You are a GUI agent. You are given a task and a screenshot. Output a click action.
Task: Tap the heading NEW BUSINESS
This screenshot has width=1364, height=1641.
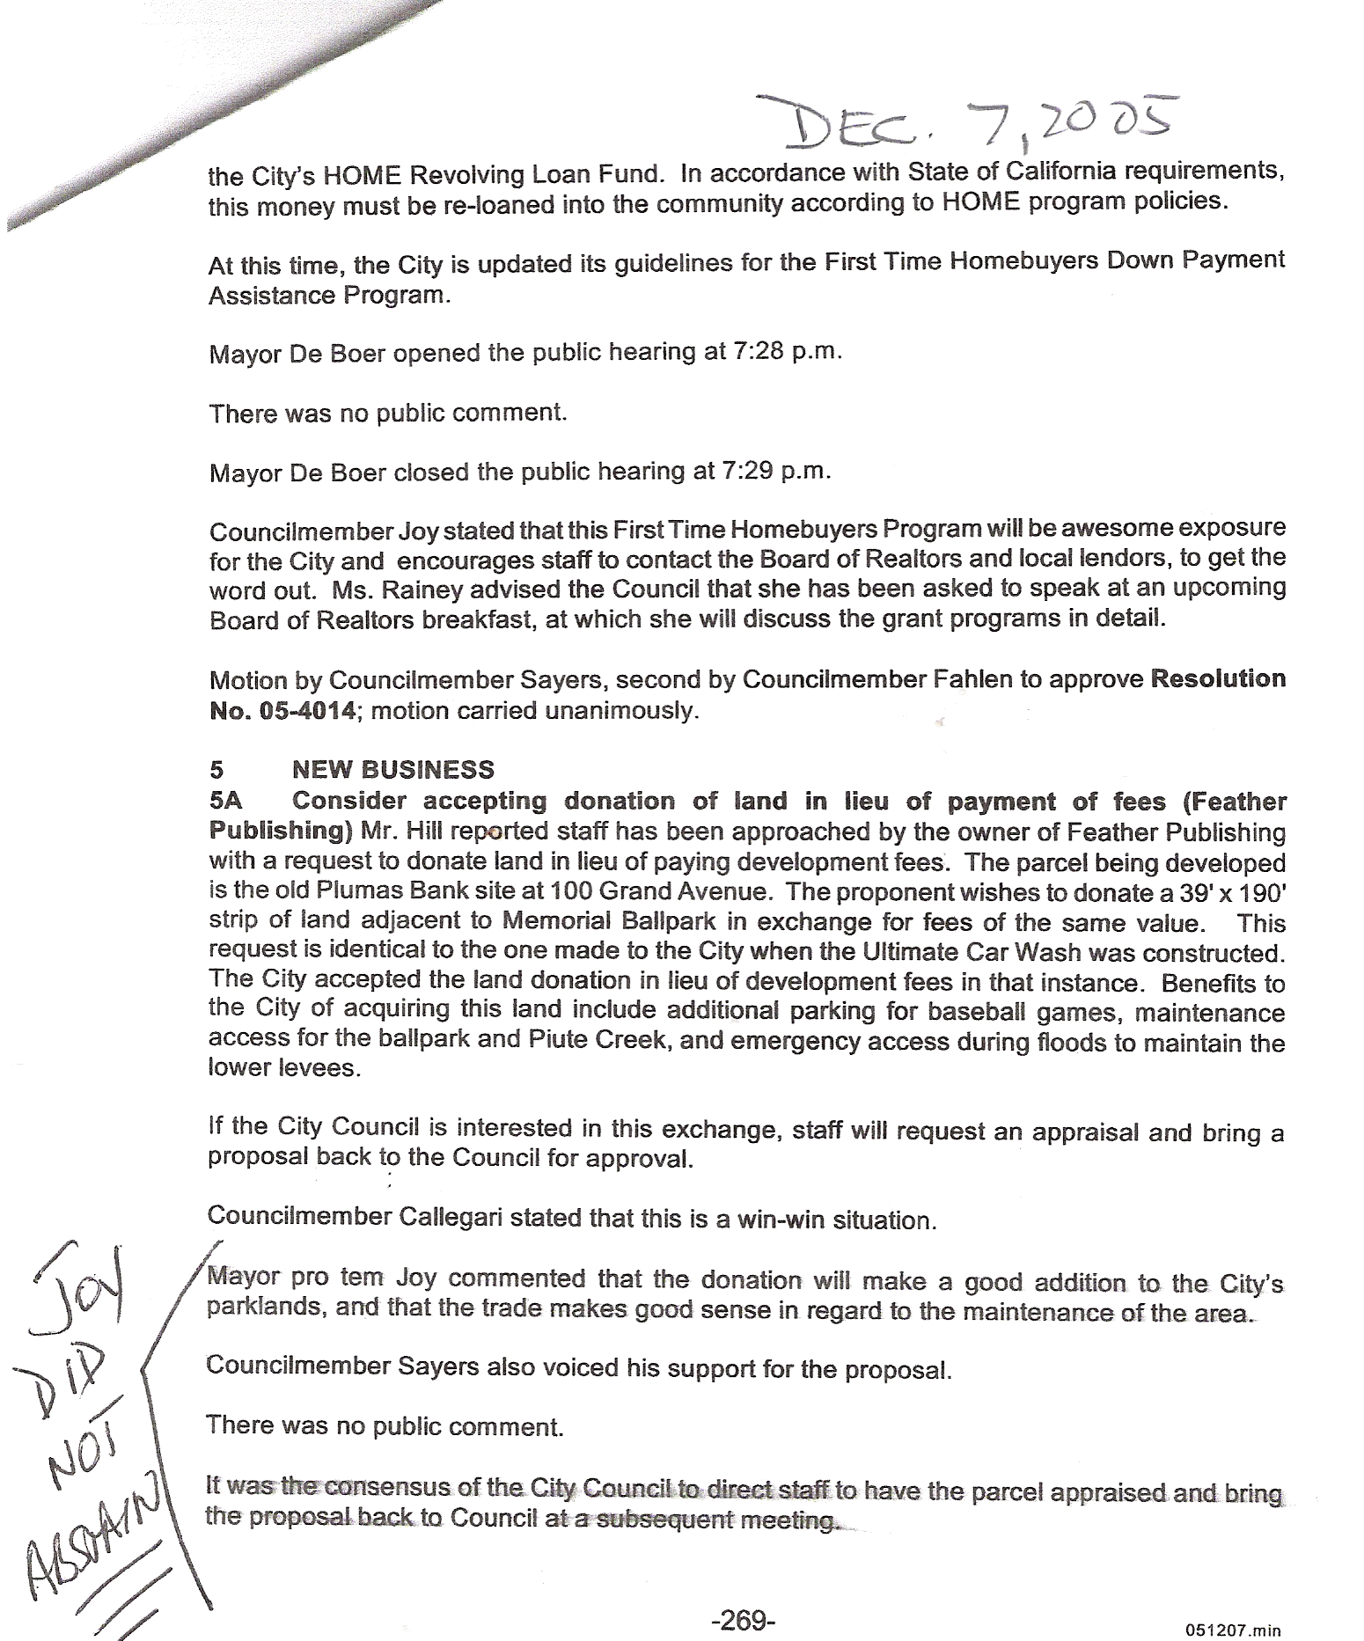[x=392, y=770]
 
